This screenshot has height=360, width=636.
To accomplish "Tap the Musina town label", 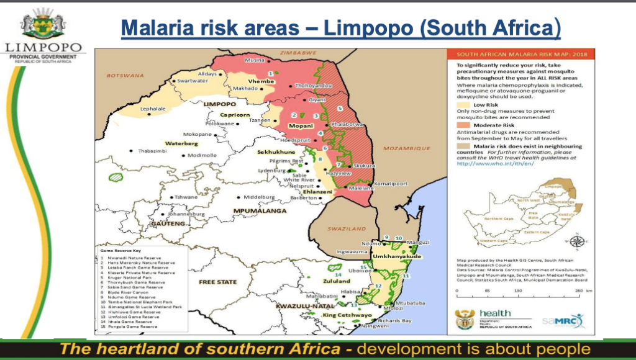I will (255, 61).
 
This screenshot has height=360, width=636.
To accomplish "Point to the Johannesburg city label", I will (186, 214).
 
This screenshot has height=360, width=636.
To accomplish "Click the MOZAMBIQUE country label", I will (407, 148).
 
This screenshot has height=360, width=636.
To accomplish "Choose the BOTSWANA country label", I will (125, 76).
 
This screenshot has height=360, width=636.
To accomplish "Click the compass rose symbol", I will (578, 243).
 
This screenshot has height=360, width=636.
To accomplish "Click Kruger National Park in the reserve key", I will (129, 278).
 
